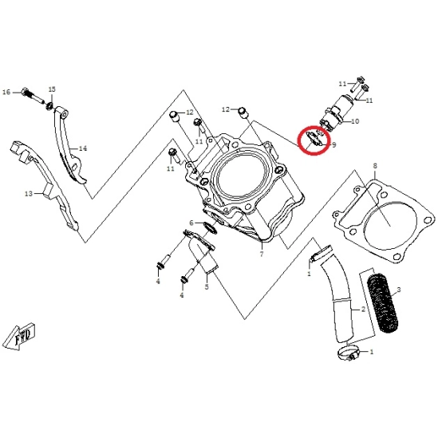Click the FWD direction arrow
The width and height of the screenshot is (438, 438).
pyautogui.click(x=21, y=336)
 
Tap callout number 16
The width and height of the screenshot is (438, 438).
pyautogui.click(x=6, y=93)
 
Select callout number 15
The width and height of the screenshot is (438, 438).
pyautogui.click(x=52, y=89)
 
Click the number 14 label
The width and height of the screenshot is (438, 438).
pyautogui.click(x=83, y=148)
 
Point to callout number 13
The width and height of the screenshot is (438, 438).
pyautogui.click(x=29, y=194)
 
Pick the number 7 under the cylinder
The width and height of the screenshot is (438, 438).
pyautogui.click(x=262, y=255)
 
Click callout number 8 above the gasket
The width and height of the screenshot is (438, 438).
pyautogui.click(x=375, y=166)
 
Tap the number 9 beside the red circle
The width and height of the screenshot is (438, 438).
pyautogui.click(x=334, y=145)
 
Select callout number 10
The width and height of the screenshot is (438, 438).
pyautogui.click(x=355, y=121)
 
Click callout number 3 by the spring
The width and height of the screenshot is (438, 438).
pyautogui.click(x=399, y=290)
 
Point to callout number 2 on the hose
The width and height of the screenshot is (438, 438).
pyautogui.click(x=363, y=310)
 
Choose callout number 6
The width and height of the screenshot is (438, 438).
pyautogui.click(x=191, y=223)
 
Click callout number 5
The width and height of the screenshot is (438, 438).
pyautogui.click(x=207, y=287)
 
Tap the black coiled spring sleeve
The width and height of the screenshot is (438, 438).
pyautogui.click(x=384, y=303)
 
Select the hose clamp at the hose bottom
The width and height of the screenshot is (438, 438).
pyautogui.click(x=347, y=353)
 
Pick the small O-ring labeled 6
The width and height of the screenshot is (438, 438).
pyautogui.click(x=211, y=227)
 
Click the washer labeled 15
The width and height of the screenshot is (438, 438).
pyautogui.click(x=50, y=106)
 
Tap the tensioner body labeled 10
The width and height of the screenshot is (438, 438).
pyautogui.click(x=337, y=113)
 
